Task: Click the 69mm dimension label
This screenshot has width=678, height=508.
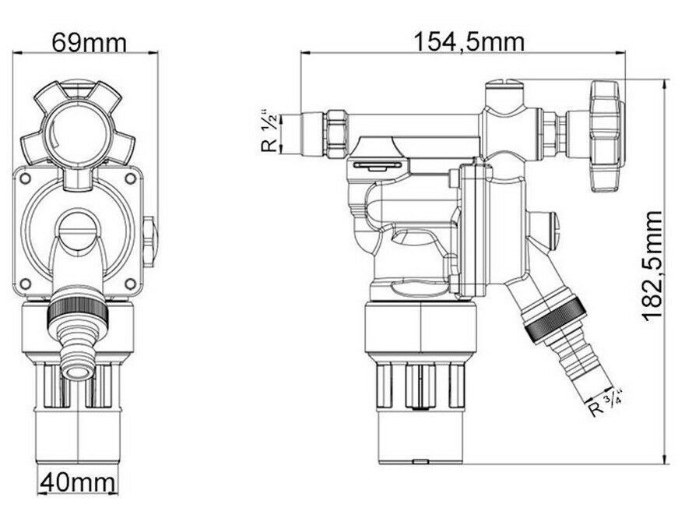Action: point(89,43)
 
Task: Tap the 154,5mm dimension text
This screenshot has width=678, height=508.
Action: point(469,42)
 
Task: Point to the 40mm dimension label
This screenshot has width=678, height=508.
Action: point(78,482)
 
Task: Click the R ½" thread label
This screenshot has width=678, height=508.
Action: point(270,134)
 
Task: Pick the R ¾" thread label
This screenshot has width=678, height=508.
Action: point(606,404)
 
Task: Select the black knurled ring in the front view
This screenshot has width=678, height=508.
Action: point(77,311)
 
